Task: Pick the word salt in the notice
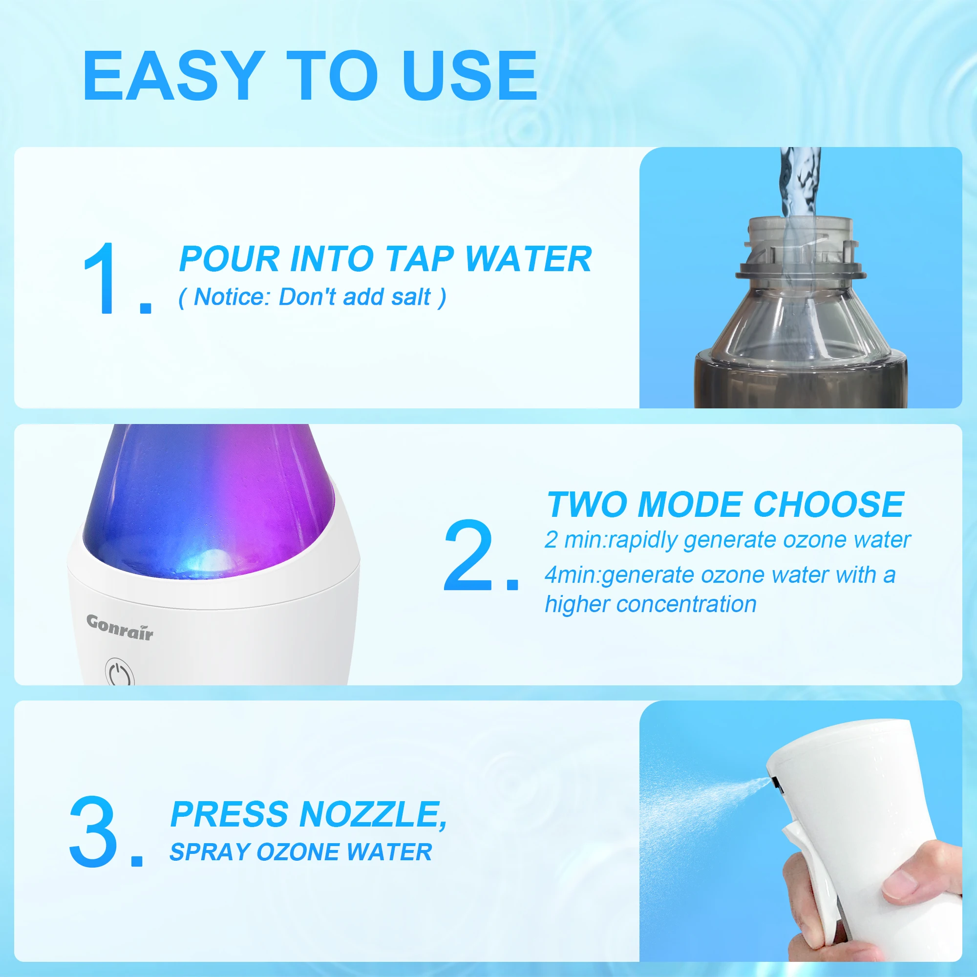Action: [410, 297]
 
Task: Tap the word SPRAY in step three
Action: [209, 852]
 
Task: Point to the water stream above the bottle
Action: [799, 182]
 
